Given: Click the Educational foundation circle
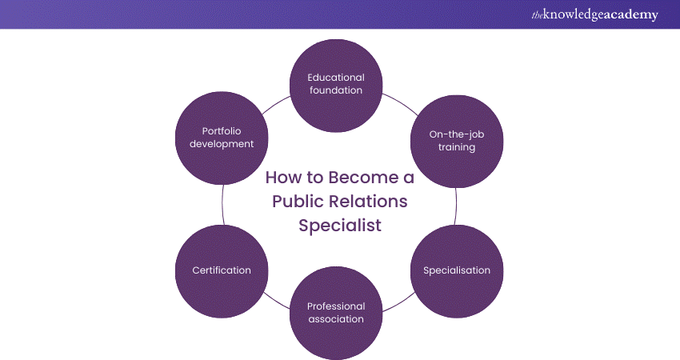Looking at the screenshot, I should click(336, 84).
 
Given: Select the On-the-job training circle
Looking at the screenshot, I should click(458, 141).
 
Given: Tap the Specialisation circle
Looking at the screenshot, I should click(457, 270).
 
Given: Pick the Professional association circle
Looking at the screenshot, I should click(336, 312).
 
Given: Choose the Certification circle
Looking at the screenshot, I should click(222, 270).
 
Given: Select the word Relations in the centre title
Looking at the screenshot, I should click(368, 201).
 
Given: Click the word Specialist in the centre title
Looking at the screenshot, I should click(340, 225).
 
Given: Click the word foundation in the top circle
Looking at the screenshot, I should click(336, 90).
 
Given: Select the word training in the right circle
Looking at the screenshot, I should click(458, 147).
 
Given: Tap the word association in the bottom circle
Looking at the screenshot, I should click(336, 319).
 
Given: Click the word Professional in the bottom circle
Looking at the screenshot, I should click(336, 306).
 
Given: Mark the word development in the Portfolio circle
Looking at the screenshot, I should click(216, 144).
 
